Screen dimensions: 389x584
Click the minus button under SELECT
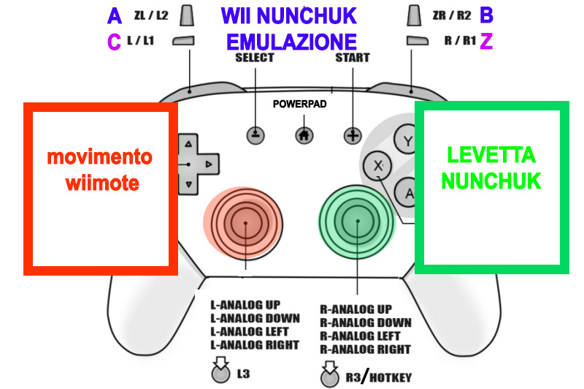click(x=255, y=135)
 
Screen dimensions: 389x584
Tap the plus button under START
click(x=353, y=135)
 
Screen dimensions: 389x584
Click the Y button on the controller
click(x=407, y=139)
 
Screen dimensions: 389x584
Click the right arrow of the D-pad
click(x=208, y=165)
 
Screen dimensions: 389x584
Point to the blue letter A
click(x=115, y=15)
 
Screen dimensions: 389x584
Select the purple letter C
click(x=114, y=42)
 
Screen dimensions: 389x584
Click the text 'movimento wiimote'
click(x=99, y=170)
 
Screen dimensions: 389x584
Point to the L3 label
click(x=245, y=374)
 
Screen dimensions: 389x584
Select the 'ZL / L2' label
click(x=153, y=15)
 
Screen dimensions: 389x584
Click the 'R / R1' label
click(x=458, y=41)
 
